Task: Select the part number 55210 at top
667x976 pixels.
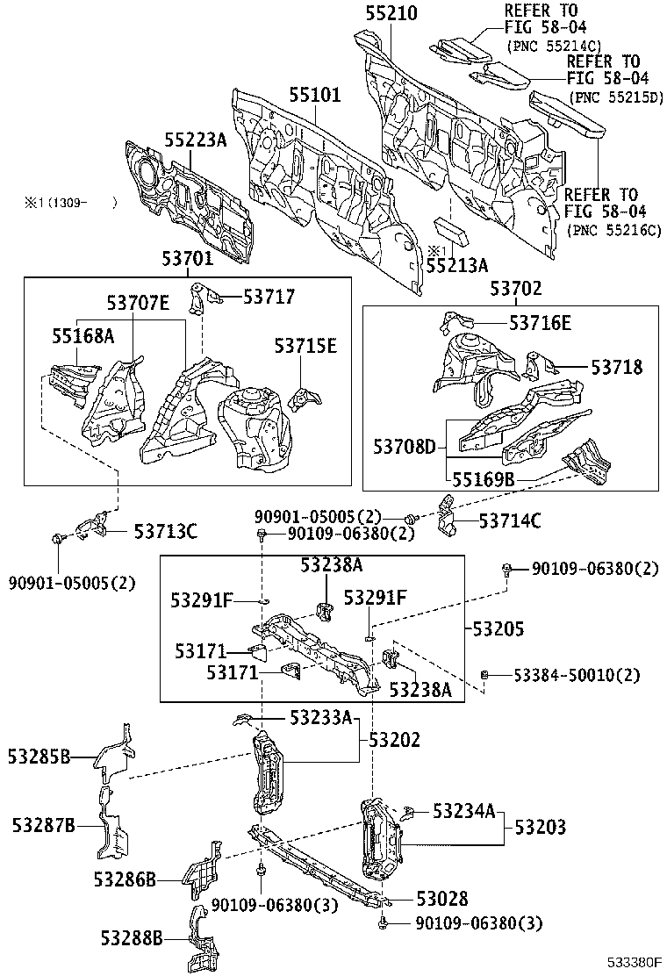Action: (391, 13)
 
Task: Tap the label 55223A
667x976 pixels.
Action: (196, 140)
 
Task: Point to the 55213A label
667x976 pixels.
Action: (457, 262)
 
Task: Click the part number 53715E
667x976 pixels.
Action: (305, 346)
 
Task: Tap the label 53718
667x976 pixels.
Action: (616, 368)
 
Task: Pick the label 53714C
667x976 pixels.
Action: (510, 521)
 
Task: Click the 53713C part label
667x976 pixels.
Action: (165, 531)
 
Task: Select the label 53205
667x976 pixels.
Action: (498, 628)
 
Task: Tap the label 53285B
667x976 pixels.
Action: (39, 755)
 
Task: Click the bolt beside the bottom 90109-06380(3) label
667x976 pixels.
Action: (384, 923)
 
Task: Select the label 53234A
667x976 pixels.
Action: (464, 813)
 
